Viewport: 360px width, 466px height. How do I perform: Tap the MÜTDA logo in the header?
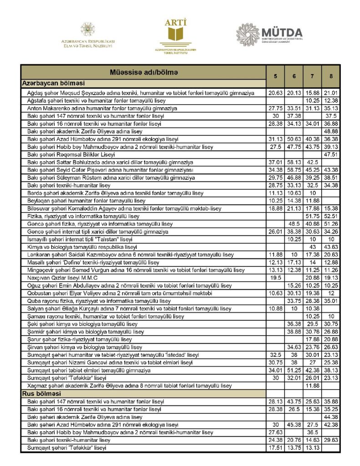pyautogui.click(x=270, y=35)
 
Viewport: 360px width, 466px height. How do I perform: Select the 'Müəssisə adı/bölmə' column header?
pyautogui.click(x=143, y=72)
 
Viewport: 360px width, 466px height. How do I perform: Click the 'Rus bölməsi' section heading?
pyautogui.click(x=42, y=393)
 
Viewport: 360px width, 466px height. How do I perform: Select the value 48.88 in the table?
pyautogui.click(x=330, y=131)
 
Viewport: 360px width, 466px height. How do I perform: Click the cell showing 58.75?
pyautogui.click(x=294, y=170)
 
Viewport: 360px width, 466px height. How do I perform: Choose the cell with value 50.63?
pyautogui.click(x=294, y=139)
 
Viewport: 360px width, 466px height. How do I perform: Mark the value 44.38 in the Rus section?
pyautogui.click(x=330, y=417)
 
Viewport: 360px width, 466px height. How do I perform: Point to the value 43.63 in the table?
pyautogui.click(x=330, y=247)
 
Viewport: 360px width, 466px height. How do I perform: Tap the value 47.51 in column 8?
pyautogui.click(x=330, y=154)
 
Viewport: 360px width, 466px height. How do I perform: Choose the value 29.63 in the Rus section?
pyautogui.click(x=330, y=440)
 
